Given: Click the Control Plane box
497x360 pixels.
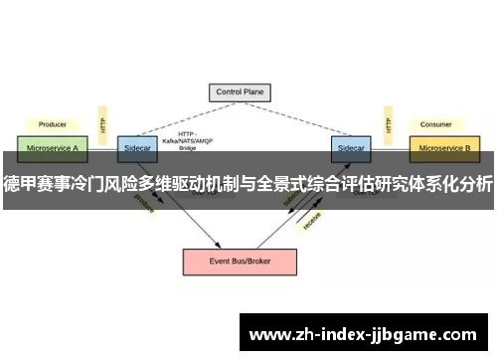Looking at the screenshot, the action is pyautogui.click(x=239, y=92).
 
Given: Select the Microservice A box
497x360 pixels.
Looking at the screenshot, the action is pyautogui.click(x=53, y=147).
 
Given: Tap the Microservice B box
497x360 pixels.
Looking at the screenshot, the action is pyautogui.click(x=444, y=147).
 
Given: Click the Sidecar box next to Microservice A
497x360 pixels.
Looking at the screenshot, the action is pyautogui.click(x=134, y=147).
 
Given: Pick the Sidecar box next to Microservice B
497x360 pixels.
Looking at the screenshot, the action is pyautogui.click(x=351, y=147).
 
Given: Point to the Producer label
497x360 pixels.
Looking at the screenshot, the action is pyautogui.click(x=52, y=125).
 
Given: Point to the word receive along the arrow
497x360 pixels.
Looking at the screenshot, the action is pyautogui.click(x=311, y=222).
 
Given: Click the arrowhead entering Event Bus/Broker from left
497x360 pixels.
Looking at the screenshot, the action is pyautogui.click(x=217, y=246).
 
